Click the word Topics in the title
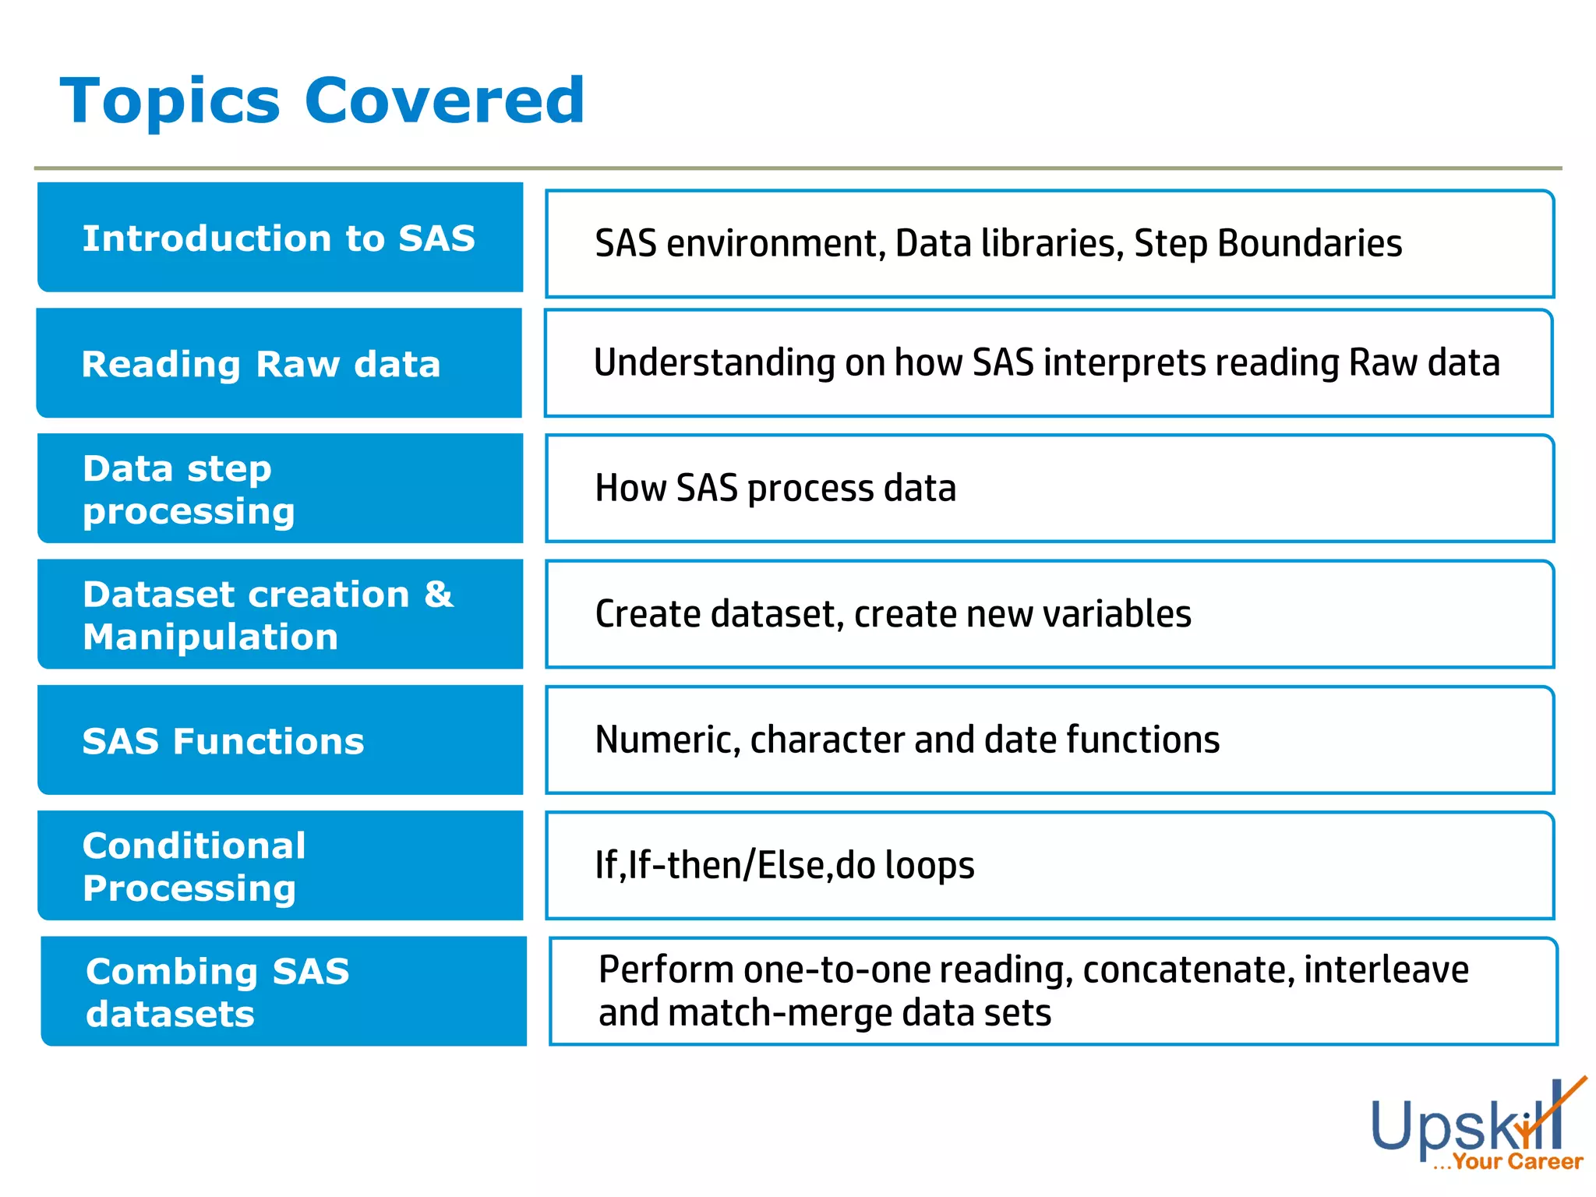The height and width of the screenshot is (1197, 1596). click(x=169, y=101)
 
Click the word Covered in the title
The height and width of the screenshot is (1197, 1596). click(x=444, y=101)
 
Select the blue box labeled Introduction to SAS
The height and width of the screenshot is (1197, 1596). click(x=279, y=238)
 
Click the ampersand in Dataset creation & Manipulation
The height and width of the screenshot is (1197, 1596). click(x=439, y=595)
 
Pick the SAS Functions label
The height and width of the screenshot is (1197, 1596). click(x=223, y=740)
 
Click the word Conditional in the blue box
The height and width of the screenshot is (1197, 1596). click(x=194, y=846)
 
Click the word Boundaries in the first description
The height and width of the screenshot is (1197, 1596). click(x=1309, y=243)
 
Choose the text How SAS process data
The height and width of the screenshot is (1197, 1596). click(x=775, y=489)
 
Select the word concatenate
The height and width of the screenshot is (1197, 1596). click(x=1188, y=970)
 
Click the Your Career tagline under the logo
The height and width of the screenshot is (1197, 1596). click(x=1516, y=1162)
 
